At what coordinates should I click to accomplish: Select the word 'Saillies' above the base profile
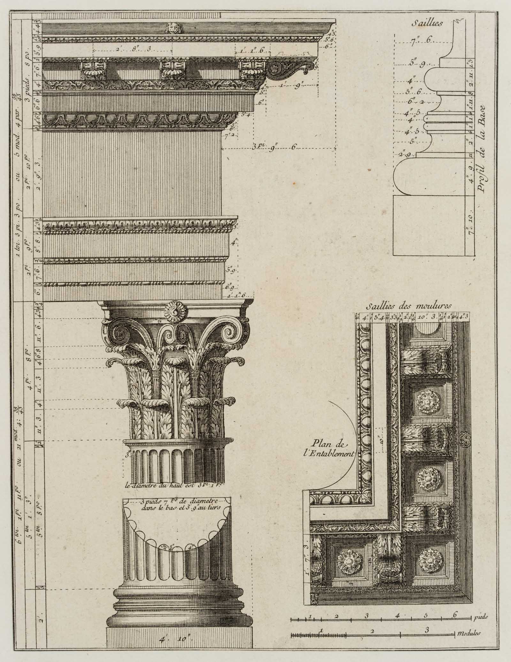pos(426,23)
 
